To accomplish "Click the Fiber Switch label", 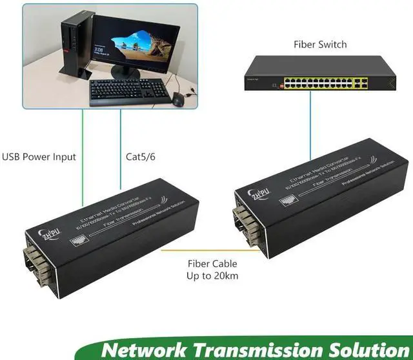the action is (x=321, y=45).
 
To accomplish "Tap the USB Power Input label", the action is (x=39, y=157).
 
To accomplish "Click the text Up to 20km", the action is (x=212, y=277).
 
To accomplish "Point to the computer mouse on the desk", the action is (x=178, y=99).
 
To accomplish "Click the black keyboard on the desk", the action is (x=128, y=92).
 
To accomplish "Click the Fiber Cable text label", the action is (x=212, y=263).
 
